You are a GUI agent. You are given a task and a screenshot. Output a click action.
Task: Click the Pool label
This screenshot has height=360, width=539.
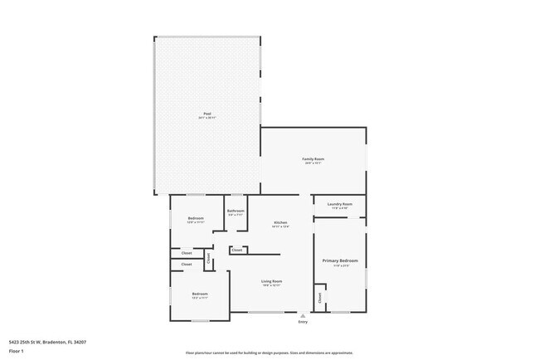(206, 114)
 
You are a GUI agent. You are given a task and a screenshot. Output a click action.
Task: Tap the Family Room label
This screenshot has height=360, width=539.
(313, 158)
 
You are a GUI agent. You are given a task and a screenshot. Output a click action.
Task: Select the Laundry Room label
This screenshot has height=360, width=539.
(340, 204)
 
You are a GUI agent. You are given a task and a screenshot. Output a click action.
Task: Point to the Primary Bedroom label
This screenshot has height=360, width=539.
(340, 260)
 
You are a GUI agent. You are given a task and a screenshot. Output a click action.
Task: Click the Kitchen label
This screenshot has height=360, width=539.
(281, 222)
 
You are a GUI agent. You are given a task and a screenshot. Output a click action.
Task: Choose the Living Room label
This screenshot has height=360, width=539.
(272, 281)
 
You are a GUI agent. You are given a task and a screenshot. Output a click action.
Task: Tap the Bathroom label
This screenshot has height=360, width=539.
(236, 211)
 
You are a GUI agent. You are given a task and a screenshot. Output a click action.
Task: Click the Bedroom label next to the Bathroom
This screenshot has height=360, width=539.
(196, 218)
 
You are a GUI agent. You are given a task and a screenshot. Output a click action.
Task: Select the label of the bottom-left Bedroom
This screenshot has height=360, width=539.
(200, 294)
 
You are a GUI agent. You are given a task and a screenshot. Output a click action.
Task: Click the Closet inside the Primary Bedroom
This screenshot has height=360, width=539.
(319, 296)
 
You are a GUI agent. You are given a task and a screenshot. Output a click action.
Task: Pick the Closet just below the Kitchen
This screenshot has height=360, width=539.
(237, 250)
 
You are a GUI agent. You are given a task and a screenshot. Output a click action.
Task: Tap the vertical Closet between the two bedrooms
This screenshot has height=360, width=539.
(208, 258)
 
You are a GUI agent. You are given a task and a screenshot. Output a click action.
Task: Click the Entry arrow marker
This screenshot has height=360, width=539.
(303, 315)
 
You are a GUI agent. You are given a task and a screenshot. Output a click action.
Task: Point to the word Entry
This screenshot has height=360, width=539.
(303, 322)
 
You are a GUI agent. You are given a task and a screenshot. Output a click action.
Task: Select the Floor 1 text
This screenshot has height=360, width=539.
(16, 350)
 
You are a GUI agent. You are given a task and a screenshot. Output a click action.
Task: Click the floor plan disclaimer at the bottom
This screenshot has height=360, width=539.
(269, 353)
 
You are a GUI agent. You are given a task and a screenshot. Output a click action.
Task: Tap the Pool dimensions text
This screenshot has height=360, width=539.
(206, 119)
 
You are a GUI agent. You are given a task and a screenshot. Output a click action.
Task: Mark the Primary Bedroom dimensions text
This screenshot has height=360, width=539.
(340, 265)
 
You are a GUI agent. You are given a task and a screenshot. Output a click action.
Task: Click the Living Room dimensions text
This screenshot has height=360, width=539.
(272, 286)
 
